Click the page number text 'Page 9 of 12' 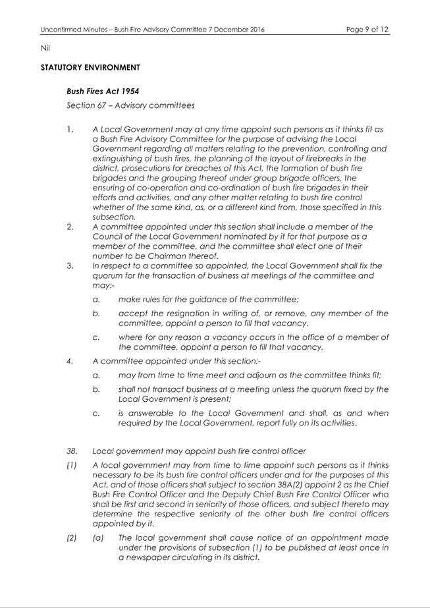point(367,30)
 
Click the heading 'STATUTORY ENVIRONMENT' point(90,68)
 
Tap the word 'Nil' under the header point(45,48)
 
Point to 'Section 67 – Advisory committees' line point(130,105)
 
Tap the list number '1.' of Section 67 point(70,129)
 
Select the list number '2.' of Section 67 point(70,227)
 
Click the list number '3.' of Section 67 point(70,266)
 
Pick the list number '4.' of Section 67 point(70,361)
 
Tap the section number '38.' point(72,451)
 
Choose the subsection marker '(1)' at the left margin point(72,464)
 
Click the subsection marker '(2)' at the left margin point(72,538)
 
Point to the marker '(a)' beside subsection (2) point(98,538)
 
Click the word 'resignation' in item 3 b point(182,314)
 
